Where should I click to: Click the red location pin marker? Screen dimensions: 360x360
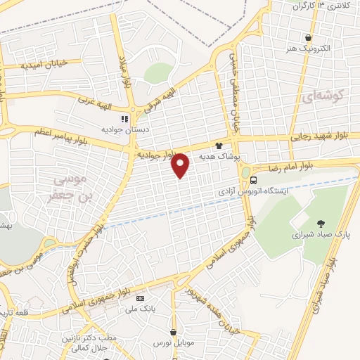point(181,165)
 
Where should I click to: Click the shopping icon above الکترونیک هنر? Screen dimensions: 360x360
point(308,38)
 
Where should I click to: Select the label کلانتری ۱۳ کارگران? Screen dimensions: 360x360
point(323,6)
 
